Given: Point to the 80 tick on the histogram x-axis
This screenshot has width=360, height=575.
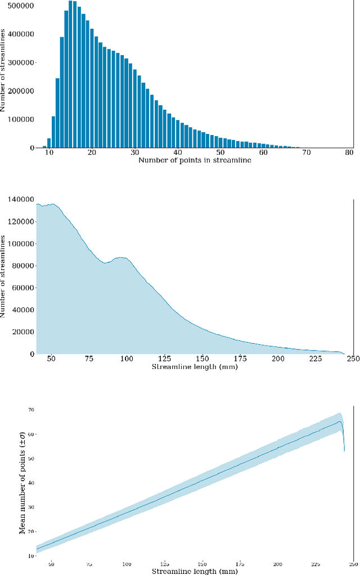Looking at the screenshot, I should coord(349,152).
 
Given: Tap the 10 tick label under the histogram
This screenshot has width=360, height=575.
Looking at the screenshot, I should coord(49,152).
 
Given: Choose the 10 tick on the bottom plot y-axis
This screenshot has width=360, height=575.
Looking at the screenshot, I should coord(31,556).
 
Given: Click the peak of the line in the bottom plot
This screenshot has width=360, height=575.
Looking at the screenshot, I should coord(340,421).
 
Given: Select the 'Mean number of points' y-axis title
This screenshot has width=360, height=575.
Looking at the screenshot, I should coord(22,483).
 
